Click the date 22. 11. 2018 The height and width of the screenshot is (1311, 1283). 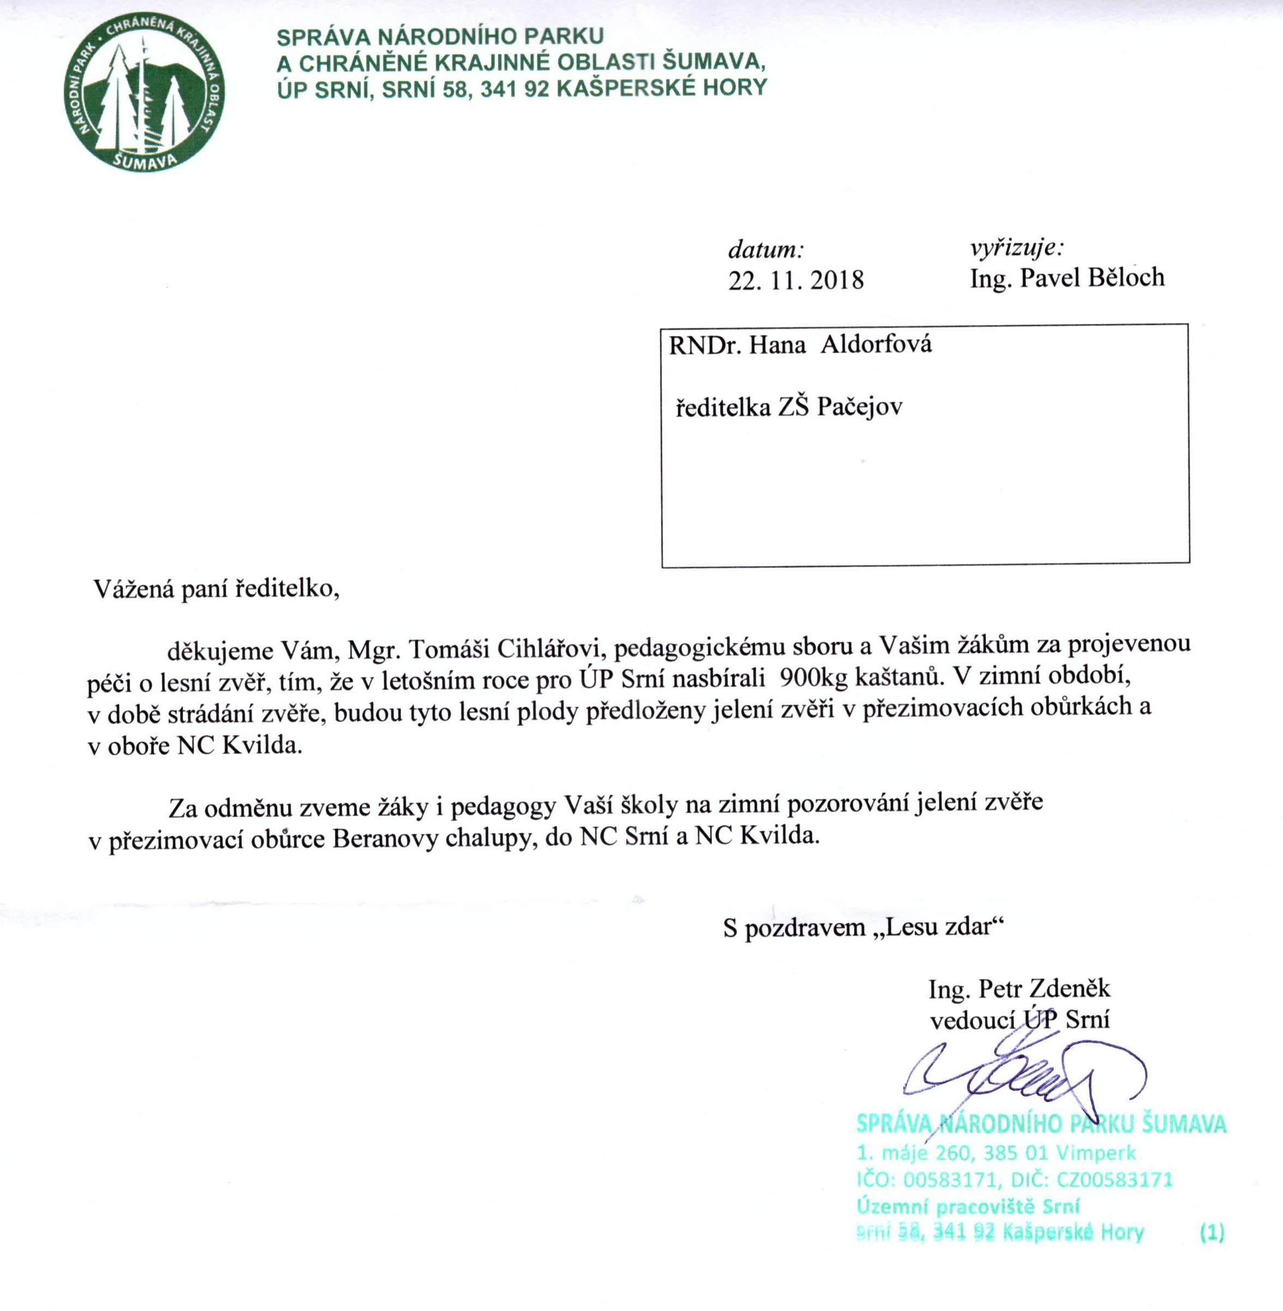795,279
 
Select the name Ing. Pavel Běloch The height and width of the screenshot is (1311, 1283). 1067,277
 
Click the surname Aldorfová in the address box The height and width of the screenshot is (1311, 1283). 875,345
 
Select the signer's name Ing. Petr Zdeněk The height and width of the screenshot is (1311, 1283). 1019,989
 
